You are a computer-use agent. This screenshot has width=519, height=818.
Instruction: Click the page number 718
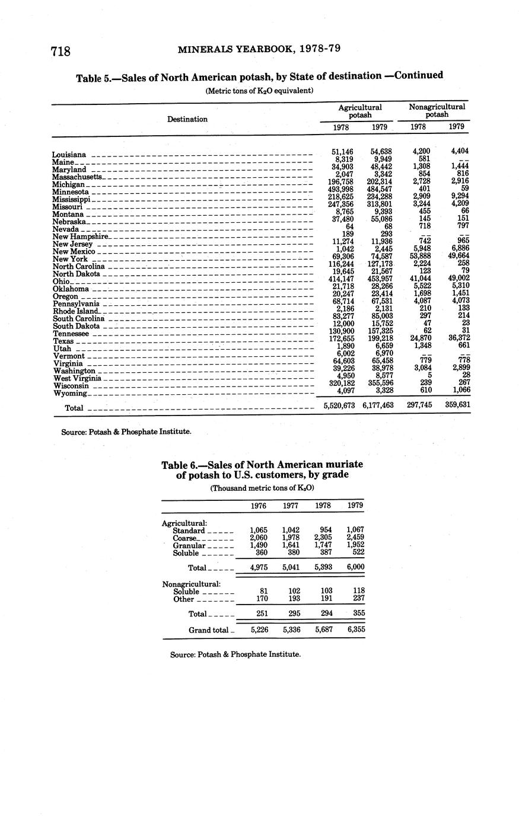click(x=61, y=52)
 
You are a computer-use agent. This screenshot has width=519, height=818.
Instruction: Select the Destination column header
click(x=187, y=119)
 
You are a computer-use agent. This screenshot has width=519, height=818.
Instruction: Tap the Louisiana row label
click(x=69, y=155)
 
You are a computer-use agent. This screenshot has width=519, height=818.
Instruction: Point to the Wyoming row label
click(x=70, y=393)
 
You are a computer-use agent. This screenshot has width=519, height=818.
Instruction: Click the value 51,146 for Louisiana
click(x=342, y=152)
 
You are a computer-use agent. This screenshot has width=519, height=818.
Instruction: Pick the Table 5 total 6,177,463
click(x=378, y=405)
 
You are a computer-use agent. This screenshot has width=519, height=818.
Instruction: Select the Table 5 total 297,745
click(x=419, y=405)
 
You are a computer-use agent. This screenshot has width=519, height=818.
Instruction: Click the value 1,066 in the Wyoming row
click(x=458, y=390)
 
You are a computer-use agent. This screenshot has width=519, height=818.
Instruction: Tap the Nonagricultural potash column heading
click(x=437, y=111)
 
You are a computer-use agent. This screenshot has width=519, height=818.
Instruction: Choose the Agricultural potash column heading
click(x=360, y=111)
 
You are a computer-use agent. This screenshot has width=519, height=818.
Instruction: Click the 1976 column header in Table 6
click(x=259, y=506)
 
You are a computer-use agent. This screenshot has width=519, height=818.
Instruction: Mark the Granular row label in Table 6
click(x=189, y=545)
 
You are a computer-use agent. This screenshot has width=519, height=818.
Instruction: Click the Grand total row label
click(x=208, y=630)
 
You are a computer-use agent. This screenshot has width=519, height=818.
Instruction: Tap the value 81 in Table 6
click(x=265, y=591)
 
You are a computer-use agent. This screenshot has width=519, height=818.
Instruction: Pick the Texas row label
click(x=63, y=341)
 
